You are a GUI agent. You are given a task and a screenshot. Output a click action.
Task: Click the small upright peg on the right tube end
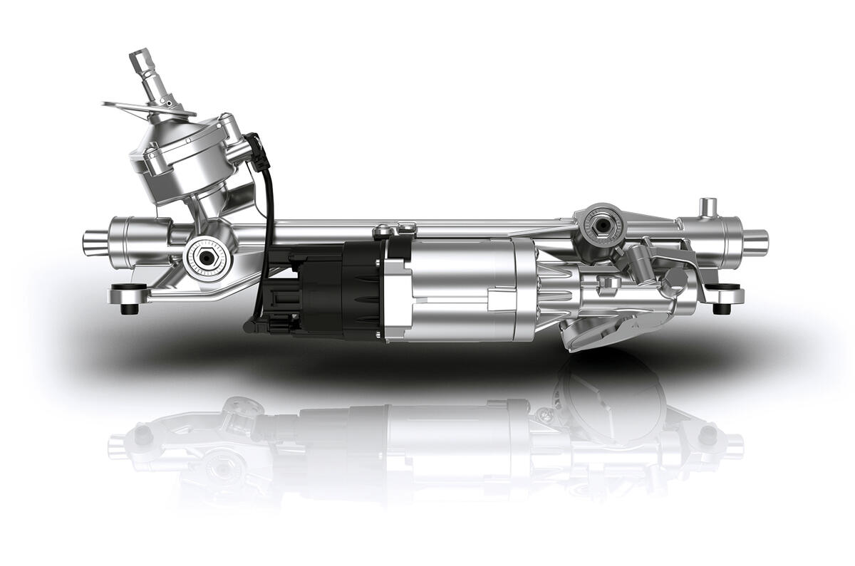pos(706,207)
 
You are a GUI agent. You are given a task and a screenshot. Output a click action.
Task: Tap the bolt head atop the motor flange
pos(385,229)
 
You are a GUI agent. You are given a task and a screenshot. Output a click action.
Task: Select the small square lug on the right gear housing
pos(610,283)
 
